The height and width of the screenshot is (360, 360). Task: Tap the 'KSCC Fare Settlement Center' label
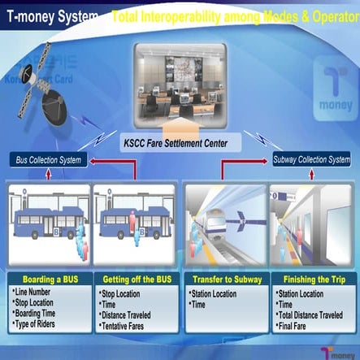180,143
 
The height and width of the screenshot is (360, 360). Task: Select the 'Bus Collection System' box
50,160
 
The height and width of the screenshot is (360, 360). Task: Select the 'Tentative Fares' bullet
130,325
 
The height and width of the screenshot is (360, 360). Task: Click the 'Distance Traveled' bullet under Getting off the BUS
133,314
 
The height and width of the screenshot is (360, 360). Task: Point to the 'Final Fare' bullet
300,325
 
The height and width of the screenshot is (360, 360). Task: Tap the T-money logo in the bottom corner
337,350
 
